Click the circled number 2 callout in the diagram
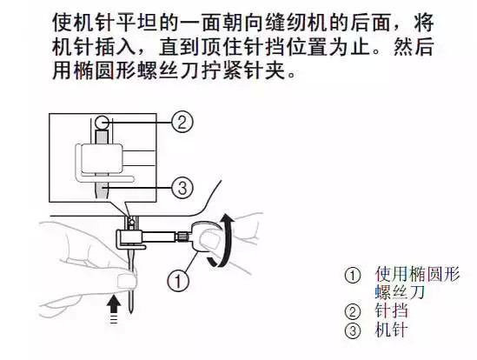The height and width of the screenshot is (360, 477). pos(180,123)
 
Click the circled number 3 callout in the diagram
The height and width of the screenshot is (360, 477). pos(180,186)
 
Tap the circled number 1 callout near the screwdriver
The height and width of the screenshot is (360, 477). pos(177,280)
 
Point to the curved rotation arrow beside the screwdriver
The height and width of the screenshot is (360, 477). pos(227,240)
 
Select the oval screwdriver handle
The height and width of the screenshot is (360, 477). pos(207,237)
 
